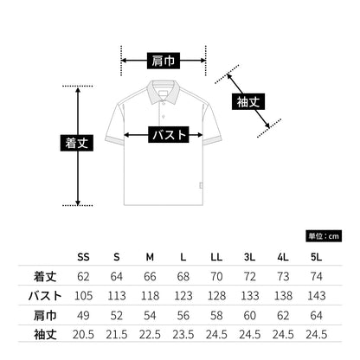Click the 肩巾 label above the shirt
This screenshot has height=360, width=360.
point(164,61)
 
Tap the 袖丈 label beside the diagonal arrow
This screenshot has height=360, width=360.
point(248,101)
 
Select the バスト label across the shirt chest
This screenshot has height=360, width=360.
point(169,134)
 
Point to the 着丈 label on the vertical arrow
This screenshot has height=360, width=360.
point(77,143)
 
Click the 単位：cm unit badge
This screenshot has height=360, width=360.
point(324,236)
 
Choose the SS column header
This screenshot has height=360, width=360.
point(83,257)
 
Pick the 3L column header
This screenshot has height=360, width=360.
point(249,257)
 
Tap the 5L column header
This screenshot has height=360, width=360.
point(316,257)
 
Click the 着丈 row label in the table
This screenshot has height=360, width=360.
point(45,276)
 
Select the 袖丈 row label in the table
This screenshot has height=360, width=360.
point(45,335)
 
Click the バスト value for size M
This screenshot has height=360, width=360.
point(150,296)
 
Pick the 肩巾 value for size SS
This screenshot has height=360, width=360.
point(83,315)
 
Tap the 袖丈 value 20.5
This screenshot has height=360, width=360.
point(83,335)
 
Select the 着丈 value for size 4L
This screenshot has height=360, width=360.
point(283,276)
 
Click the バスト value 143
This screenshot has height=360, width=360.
point(317,296)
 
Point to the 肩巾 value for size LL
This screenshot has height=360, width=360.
point(216,315)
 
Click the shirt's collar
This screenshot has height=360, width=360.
point(164,91)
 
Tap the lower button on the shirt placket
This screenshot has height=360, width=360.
point(164,117)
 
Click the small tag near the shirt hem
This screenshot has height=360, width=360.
point(201,185)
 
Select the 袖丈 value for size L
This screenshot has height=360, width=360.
point(183,335)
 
